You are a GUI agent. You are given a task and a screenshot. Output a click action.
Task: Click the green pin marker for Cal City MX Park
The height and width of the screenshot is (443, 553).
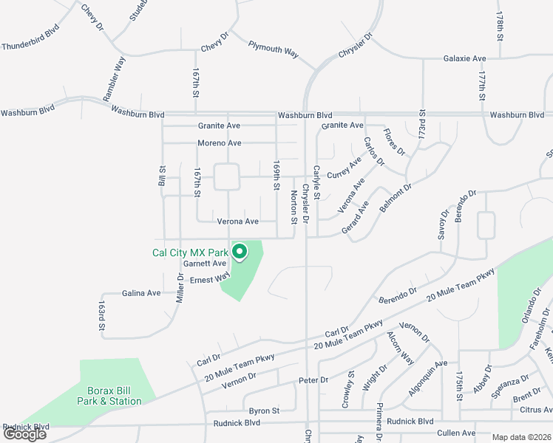pos(240,253)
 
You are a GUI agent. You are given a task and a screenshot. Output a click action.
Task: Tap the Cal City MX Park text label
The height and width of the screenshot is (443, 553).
pos(190,253)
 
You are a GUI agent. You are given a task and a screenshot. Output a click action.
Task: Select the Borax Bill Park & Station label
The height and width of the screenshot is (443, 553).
pos(109,396)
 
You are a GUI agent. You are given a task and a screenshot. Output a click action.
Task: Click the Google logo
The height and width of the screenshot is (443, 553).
pos(24,434)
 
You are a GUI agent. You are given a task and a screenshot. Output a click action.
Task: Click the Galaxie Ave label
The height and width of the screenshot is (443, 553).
pos(464,58)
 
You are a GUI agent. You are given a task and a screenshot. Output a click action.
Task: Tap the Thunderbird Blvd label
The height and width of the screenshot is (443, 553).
pos(29,46)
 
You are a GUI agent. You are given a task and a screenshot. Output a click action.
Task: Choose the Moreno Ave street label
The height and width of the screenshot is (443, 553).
pos(219,142)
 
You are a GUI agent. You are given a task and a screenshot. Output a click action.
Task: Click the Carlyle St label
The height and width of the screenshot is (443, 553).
pos(316,182)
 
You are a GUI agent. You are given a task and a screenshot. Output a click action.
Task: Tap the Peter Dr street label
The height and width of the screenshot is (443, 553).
pos(313,380)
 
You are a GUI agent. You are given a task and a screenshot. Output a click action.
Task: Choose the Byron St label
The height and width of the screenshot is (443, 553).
pos(264,411)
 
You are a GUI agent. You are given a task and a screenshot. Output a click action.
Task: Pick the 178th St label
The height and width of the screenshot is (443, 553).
pos(500,26)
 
